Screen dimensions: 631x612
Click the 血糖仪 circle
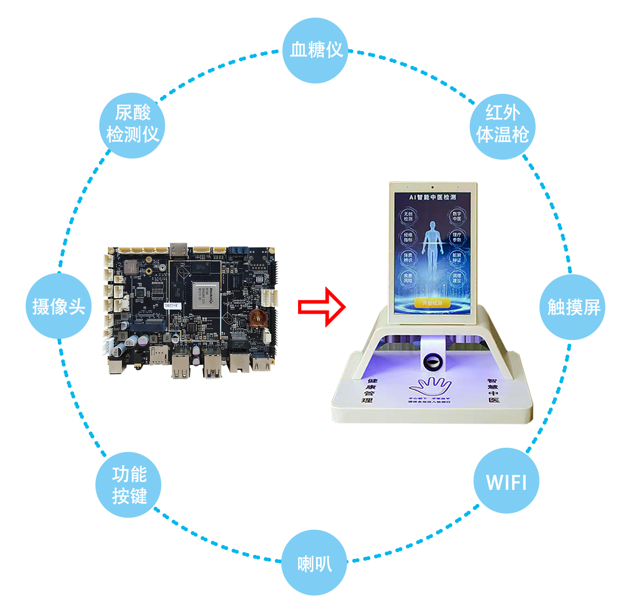pos(315,50)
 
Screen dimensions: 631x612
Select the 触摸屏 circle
pos(572,307)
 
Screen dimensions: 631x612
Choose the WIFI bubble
pos(506,481)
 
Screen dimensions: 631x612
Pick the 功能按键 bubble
pos(128,484)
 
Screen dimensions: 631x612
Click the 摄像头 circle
pos(59,306)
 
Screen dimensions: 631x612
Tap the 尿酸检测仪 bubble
pos(132,125)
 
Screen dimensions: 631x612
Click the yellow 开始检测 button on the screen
pos(432,303)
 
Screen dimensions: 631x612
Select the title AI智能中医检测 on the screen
pos(432,197)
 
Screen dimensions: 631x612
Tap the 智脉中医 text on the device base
pos(493,390)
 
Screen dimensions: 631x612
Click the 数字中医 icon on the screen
pos(457,216)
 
